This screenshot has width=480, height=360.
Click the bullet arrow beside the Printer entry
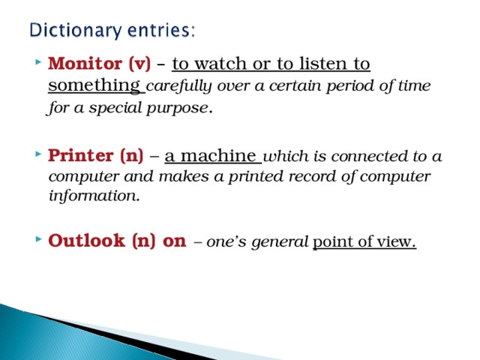[x=38, y=157]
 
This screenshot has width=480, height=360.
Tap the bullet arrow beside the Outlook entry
[x=38, y=241]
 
